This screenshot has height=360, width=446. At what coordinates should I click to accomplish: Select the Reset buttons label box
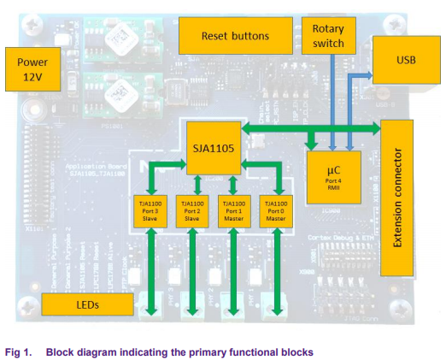(x=234, y=36)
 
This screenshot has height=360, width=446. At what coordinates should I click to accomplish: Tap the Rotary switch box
(x=328, y=36)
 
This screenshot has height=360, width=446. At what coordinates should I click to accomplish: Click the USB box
(x=407, y=61)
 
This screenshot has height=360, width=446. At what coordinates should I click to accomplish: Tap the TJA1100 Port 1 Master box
(x=232, y=211)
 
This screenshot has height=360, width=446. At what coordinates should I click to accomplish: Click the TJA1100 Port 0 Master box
(x=275, y=211)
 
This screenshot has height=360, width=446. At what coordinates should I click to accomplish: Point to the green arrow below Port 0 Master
(x=276, y=269)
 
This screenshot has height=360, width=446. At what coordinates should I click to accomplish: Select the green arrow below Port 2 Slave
(x=193, y=269)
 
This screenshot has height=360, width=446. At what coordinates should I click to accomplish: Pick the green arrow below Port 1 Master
(x=233, y=269)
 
